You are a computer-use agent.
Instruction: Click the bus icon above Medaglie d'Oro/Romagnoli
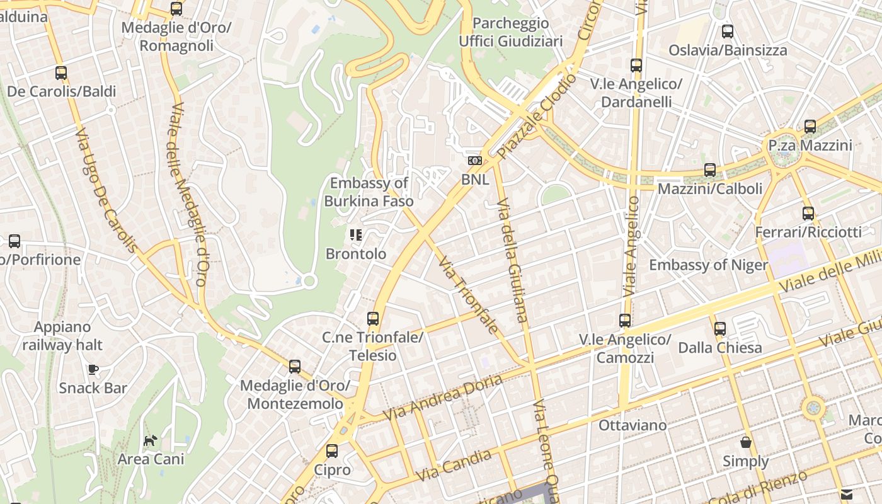click(x=176, y=9)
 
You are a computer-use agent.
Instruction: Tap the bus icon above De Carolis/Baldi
click(x=61, y=73)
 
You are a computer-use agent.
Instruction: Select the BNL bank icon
click(x=475, y=161)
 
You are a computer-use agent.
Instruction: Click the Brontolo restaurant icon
click(x=356, y=235)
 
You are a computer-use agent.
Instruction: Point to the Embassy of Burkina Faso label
click(x=369, y=192)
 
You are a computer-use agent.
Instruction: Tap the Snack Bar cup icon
click(x=93, y=369)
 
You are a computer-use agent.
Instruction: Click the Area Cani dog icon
click(x=151, y=440)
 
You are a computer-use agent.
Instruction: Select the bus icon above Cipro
click(x=332, y=451)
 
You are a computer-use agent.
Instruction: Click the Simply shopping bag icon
click(x=746, y=442)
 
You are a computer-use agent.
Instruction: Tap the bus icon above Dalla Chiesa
click(x=720, y=328)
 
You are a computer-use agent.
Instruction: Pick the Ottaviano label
click(x=633, y=425)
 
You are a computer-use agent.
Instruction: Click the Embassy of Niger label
click(x=709, y=265)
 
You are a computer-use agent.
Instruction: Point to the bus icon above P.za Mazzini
click(x=810, y=127)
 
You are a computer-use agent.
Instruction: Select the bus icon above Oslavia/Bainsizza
click(x=728, y=31)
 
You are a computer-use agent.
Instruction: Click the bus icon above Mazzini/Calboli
click(x=710, y=169)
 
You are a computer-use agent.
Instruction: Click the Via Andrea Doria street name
click(x=443, y=398)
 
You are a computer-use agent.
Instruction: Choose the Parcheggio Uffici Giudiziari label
click(x=511, y=32)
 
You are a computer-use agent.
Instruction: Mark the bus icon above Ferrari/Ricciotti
click(x=808, y=214)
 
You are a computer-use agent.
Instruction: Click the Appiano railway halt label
click(x=62, y=336)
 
